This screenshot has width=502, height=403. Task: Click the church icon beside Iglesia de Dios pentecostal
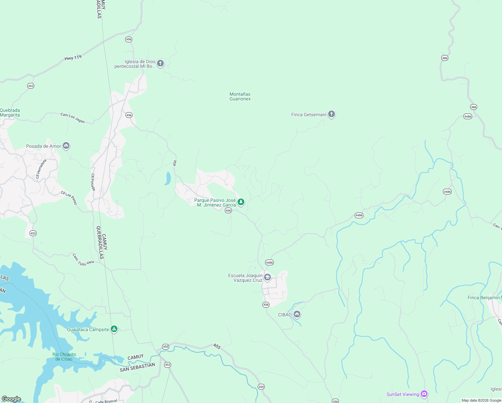click(x=160, y=63)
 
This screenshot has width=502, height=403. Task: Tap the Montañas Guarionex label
click(x=240, y=97)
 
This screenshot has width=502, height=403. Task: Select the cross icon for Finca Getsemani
click(x=332, y=114)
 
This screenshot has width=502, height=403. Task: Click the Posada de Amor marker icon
click(x=66, y=146)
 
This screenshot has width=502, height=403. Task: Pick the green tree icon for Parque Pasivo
click(x=241, y=202)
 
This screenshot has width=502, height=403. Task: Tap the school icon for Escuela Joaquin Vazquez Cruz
click(x=267, y=277)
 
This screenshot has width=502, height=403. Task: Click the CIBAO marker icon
click(x=297, y=314)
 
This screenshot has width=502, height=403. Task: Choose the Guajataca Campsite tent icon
click(x=114, y=329)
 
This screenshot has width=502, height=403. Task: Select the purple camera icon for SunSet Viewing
click(x=424, y=394)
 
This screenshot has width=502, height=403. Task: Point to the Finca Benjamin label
click(x=484, y=298)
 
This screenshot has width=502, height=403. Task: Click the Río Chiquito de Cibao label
click(x=64, y=357)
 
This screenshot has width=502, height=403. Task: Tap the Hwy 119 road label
click(x=73, y=58)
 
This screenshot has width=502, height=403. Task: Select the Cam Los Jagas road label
click(x=72, y=118)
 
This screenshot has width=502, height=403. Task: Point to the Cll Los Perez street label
click(x=69, y=198)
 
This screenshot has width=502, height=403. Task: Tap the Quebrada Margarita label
click(x=10, y=113)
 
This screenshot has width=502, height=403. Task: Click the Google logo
click(x=11, y=399)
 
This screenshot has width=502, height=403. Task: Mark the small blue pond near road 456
click(x=168, y=178)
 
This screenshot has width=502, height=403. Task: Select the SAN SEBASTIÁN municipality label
click(x=137, y=367)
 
